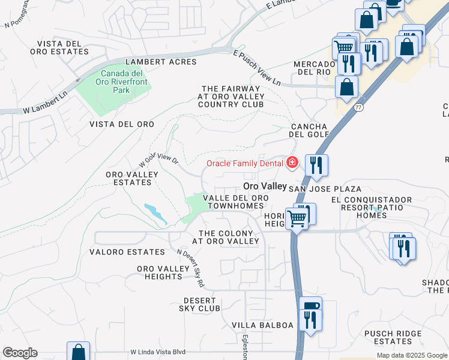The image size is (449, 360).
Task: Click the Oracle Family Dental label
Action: (x=246, y=163)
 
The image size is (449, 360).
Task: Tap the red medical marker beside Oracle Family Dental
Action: (x=292, y=163)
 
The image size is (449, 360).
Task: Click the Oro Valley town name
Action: (x=265, y=186)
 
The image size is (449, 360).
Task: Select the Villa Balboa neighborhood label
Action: (x=263, y=325)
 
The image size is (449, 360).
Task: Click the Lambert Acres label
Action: (x=160, y=62)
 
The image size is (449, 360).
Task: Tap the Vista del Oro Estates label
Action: (x=62, y=48)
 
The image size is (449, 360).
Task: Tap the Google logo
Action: (x=20, y=353)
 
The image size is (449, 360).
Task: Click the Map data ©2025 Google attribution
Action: (x=411, y=356)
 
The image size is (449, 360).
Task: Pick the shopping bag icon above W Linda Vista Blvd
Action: (x=78, y=352)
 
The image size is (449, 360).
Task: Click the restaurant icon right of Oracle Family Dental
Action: (x=316, y=165)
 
